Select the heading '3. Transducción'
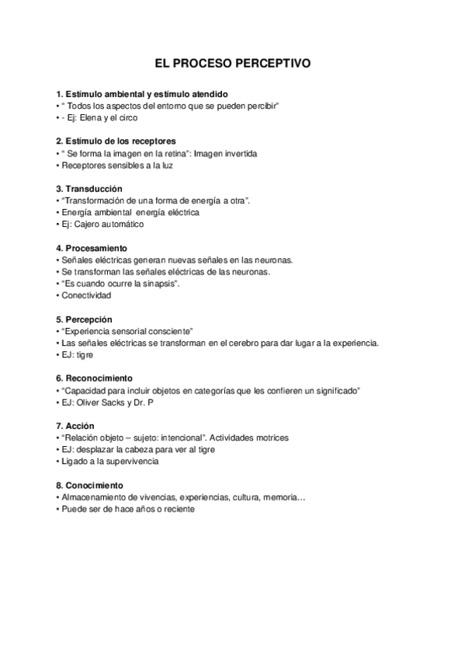pyautogui.click(x=89, y=189)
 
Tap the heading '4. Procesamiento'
pyautogui.click(x=92, y=248)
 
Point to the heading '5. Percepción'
pyautogui.click(x=85, y=319)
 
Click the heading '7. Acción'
pyautogui.click(x=75, y=426)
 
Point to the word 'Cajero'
pyautogui.click(x=90, y=225)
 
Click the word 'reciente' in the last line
pyautogui.click(x=179, y=508)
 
